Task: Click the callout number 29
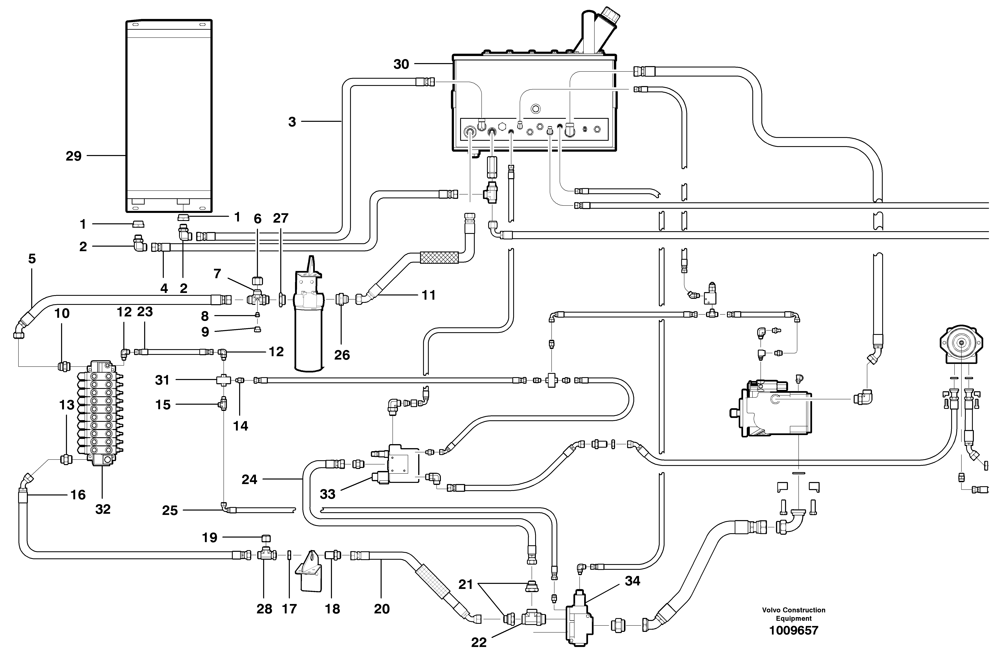point(74,156)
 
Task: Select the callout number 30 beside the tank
point(401,64)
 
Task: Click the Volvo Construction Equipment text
point(793,614)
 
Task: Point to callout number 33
point(327,494)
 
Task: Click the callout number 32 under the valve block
point(103,509)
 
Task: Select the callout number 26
point(342,355)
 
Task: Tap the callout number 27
point(281,218)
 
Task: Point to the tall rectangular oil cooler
point(169,115)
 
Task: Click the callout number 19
point(209,538)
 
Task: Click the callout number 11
point(428,295)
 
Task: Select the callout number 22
point(478,642)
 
